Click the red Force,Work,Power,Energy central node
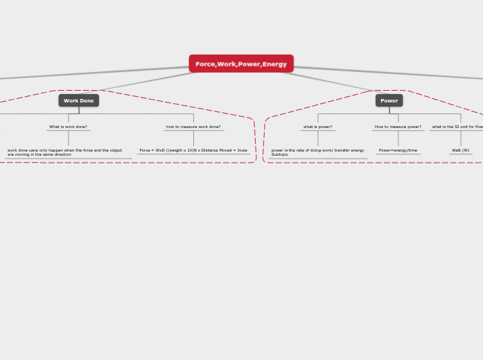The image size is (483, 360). (241, 64)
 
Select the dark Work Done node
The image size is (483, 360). (78, 100)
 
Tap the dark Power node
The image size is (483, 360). (389, 100)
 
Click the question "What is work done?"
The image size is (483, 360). (68, 127)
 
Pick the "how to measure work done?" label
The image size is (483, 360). (193, 127)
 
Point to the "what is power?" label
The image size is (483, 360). (317, 127)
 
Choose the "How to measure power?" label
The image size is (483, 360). (398, 127)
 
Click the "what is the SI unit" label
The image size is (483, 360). (457, 127)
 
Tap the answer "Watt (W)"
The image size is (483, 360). (460, 150)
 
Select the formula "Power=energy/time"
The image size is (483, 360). (398, 150)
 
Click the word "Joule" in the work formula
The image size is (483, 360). (241, 150)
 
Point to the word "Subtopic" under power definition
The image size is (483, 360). (280, 154)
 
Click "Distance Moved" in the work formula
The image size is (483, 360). (217, 150)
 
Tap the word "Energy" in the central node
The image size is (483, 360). (274, 64)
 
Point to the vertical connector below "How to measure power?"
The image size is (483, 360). (398, 138)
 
